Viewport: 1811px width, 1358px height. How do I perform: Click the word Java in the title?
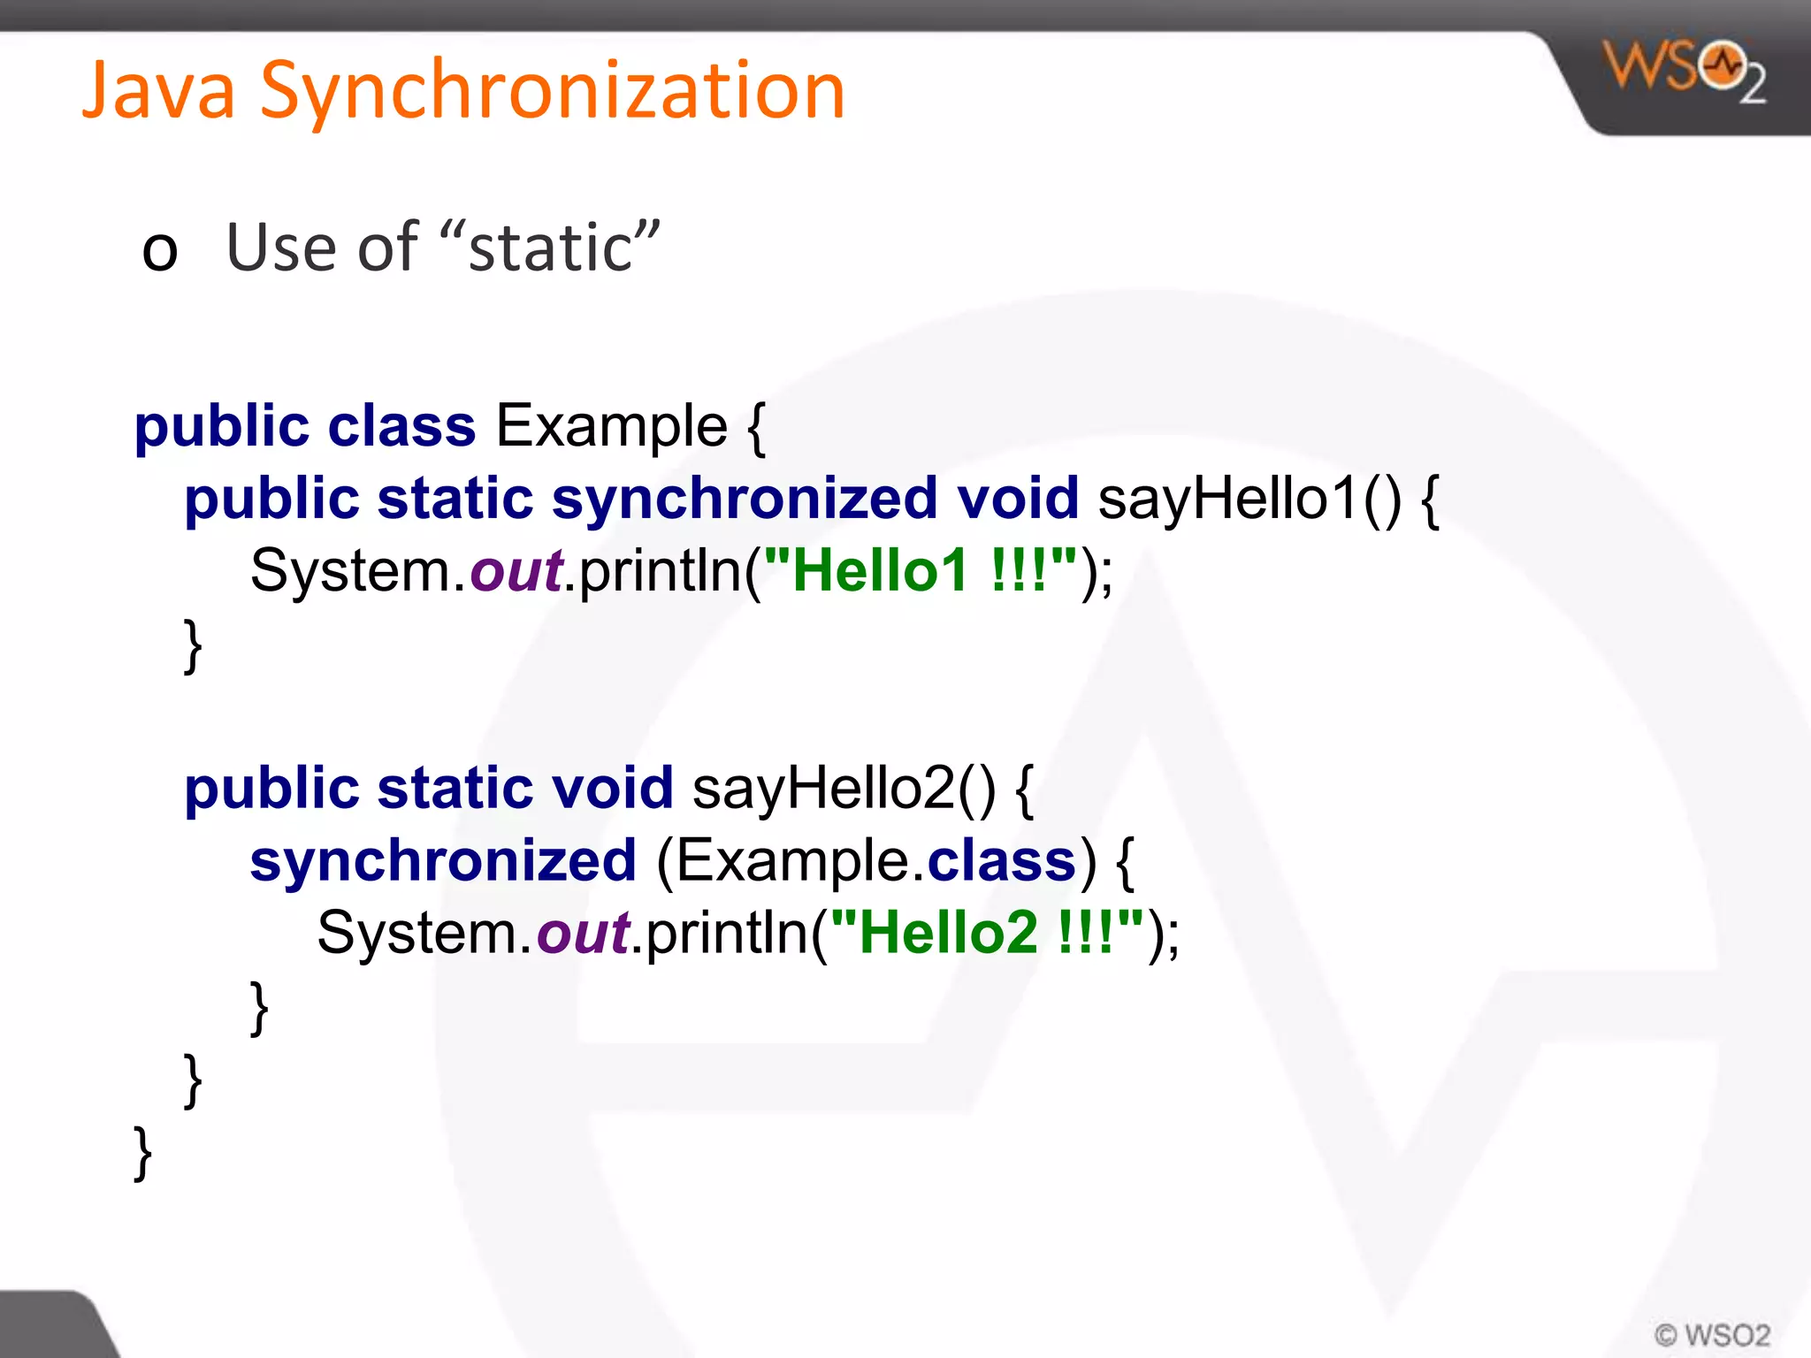159,90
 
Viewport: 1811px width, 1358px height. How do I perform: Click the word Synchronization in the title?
553,90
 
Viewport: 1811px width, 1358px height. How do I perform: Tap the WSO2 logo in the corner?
1685,71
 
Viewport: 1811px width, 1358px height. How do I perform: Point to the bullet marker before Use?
160,250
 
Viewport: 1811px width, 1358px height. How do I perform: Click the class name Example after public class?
611,426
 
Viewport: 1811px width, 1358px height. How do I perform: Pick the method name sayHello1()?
1249,498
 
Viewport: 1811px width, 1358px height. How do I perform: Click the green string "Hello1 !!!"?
921,570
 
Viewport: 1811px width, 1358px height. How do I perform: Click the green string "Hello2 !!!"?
987,933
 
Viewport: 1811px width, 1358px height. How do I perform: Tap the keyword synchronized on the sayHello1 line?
744,500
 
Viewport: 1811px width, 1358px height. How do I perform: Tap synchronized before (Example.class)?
443,861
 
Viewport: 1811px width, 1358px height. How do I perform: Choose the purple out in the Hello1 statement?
516,571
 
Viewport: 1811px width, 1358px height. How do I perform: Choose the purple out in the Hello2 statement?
584,934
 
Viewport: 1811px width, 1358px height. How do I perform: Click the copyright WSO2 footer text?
1712,1334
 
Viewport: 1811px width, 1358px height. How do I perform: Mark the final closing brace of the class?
142,1153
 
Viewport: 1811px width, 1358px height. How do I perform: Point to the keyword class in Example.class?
1001,860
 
